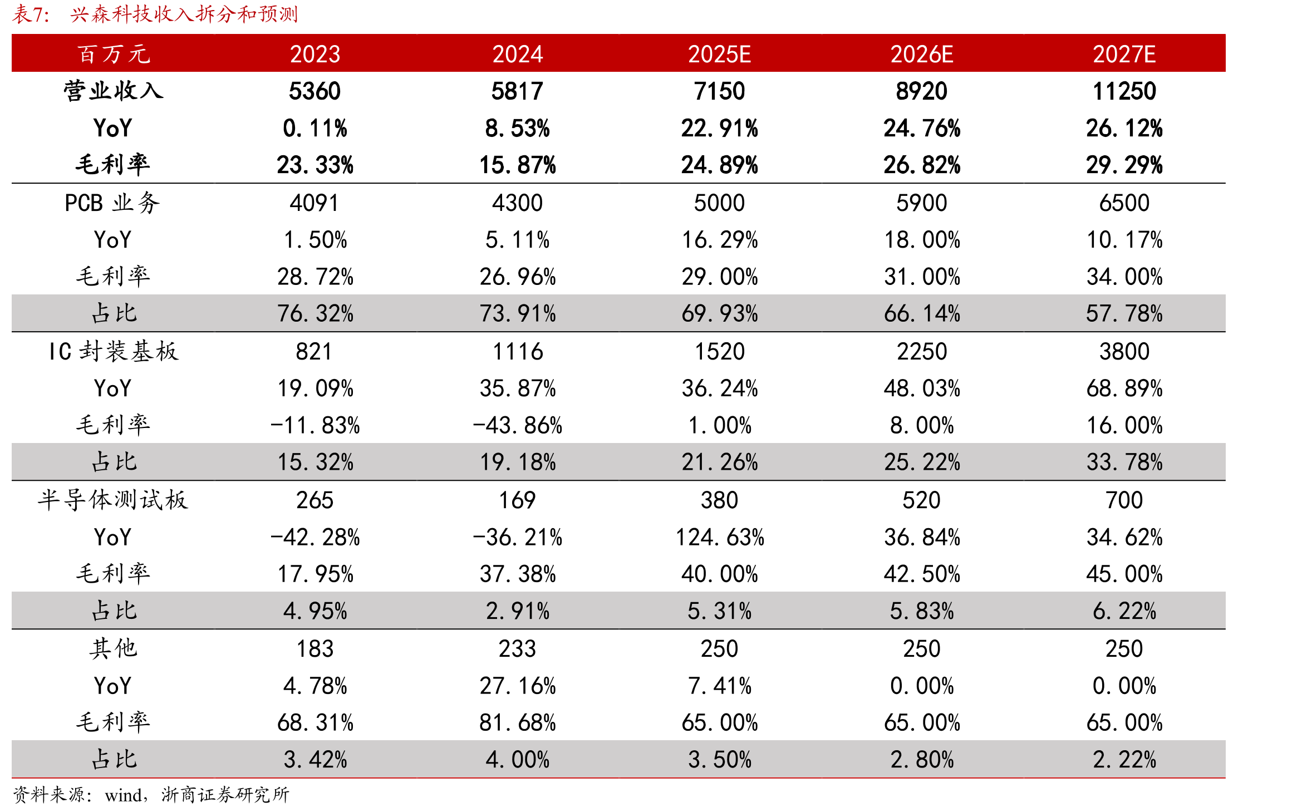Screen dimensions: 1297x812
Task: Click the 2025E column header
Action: click(x=719, y=54)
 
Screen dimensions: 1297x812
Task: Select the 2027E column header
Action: click(x=1124, y=54)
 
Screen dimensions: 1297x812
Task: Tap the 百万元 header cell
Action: click(x=114, y=54)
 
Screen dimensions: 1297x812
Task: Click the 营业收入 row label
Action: click(x=114, y=91)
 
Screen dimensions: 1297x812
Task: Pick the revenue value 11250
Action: click(x=1124, y=91)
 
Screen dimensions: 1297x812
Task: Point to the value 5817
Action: click(x=517, y=91)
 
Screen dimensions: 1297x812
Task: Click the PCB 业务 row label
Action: click(x=112, y=203)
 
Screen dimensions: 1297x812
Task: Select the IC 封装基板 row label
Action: click(x=114, y=351)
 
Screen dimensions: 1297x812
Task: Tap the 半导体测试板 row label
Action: click(x=113, y=500)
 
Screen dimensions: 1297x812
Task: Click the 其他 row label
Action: click(x=114, y=648)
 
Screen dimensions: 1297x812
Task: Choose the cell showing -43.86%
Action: click(x=517, y=426)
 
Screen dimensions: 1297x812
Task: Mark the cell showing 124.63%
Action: click(x=719, y=538)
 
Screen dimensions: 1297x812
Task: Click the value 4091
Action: click(x=315, y=203)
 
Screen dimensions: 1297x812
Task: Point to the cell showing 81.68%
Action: click(x=517, y=723)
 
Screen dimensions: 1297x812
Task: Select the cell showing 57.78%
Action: click(x=1124, y=314)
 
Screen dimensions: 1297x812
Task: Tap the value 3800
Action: click(x=1124, y=352)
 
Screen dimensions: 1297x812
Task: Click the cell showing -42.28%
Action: click(x=315, y=538)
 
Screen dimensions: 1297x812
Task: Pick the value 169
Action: click(x=517, y=500)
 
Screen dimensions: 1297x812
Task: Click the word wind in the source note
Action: click(x=123, y=795)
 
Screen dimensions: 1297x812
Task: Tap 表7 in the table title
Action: click(x=26, y=14)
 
